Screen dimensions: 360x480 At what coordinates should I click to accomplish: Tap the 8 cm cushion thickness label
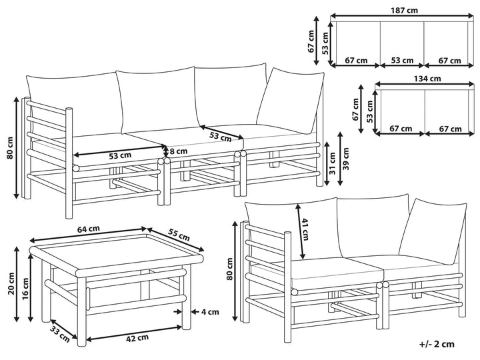coord(178,151)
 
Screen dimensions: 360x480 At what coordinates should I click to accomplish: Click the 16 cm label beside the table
coord(25,289)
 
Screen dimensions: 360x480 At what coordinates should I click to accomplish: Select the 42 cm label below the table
coord(137,337)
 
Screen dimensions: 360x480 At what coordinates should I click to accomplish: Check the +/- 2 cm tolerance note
coord(437,344)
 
